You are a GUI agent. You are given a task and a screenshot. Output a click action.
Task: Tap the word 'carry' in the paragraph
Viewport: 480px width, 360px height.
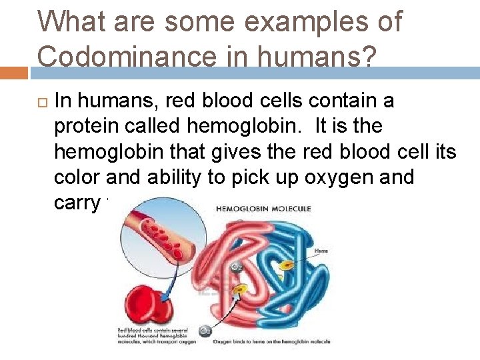tap(77, 203)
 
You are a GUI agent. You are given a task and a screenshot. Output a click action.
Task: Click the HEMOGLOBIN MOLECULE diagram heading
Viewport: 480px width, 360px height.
tap(263, 209)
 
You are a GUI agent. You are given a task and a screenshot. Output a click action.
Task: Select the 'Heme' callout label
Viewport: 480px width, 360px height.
tap(321, 251)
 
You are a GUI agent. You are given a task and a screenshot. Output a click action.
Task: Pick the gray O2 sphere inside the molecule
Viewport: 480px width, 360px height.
tap(234, 267)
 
